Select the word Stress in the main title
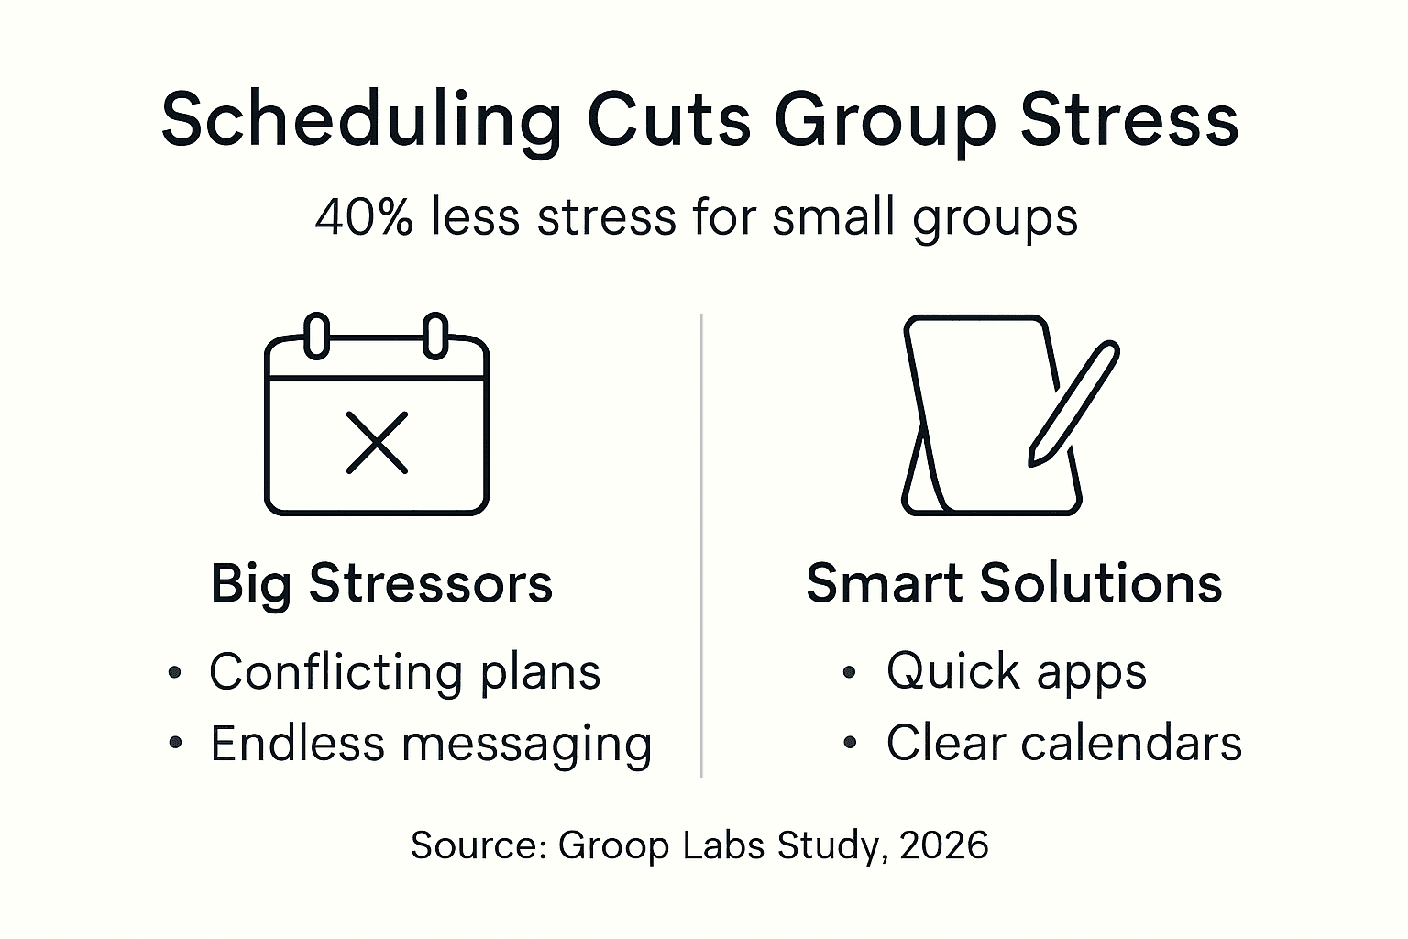click(x=1129, y=119)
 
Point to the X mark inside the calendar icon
click(x=377, y=443)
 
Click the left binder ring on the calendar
click(x=316, y=336)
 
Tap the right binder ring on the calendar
click(x=435, y=336)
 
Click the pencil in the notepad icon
click(x=1073, y=403)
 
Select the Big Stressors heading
click(x=381, y=583)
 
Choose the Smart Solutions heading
click(x=1014, y=583)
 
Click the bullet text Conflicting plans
click(x=404, y=672)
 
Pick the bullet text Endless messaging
click(x=431, y=744)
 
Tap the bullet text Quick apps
click(x=1016, y=671)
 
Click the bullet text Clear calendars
click(x=1063, y=743)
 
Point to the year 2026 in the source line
click(x=944, y=845)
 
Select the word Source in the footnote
click(x=478, y=845)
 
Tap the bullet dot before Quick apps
click(x=849, y=672)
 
